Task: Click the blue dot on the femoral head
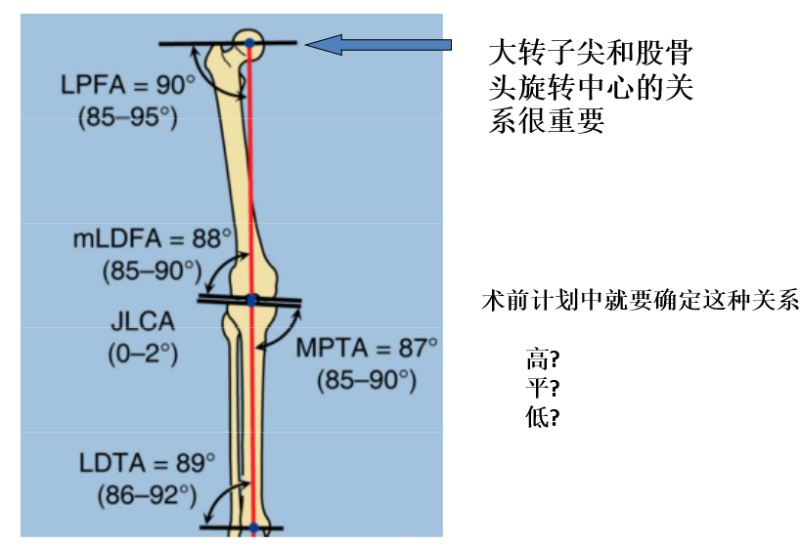(249, 44)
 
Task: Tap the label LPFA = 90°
(128, 85)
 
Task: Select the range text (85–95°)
(127, 117)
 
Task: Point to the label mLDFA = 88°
(153, 237)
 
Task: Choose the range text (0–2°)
(143, 353)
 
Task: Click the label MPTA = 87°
(367, 348)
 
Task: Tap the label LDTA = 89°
(148, 461)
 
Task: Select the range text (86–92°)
(147, 494)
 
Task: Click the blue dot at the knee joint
(251, 301)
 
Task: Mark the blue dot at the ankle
(253, 528)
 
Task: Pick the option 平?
(542, 388)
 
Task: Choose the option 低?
(542, 417)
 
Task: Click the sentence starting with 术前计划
(641, 300)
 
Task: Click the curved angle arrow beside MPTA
(285, 332)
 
